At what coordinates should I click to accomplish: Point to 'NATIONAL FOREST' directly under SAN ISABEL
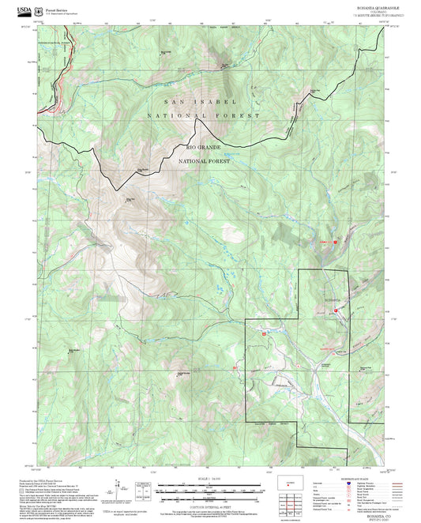[x=203, y=116]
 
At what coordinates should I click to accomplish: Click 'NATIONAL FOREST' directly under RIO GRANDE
[x=204, y=160]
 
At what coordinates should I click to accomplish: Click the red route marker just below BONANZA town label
[x=336, y=311]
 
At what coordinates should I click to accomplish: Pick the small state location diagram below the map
[x=288, y=481]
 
